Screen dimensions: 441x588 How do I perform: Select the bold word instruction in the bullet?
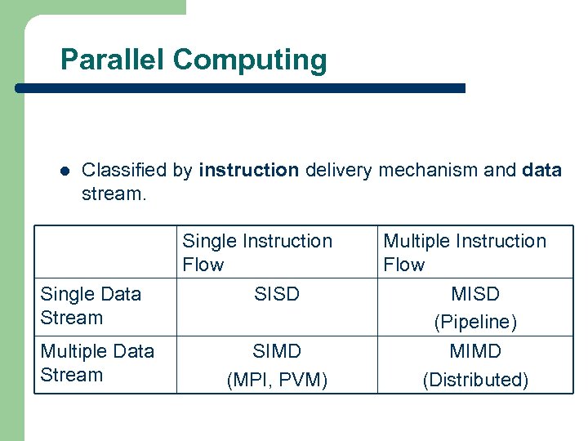point(249,171)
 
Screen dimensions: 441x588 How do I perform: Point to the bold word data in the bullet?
point(541,171)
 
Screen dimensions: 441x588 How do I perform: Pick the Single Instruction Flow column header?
point(257,252)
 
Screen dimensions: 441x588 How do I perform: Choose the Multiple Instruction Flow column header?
point(464,252)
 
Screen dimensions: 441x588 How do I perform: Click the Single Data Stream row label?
point(91,305)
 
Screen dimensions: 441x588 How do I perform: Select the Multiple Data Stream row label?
point(97,363)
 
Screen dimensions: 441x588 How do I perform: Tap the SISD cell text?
point(277,294)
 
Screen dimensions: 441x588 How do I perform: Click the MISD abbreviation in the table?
point(474,294)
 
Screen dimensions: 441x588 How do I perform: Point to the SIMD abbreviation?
point(277,351)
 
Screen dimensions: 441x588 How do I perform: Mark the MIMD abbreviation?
point(474,351)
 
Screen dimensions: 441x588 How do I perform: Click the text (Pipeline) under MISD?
point(474,323)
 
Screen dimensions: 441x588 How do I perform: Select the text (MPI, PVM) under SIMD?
point(277,380)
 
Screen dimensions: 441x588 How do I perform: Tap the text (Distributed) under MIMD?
point(474,380)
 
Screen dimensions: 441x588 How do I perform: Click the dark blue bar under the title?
point(245,87)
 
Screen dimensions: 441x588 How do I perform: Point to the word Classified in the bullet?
point(124,171)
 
